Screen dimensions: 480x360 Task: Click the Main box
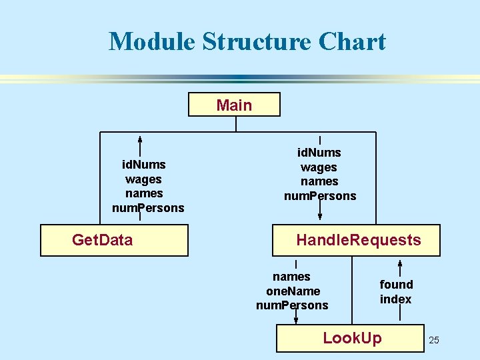[234, 105]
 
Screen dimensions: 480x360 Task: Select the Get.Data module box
[115, 240]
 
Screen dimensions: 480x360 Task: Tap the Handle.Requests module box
[356, 240]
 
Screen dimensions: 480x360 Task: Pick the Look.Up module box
[351, 338]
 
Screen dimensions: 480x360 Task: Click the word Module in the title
[151, 41]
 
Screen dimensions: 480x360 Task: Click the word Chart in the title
[352, 41]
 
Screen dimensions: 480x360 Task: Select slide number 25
[434, 341]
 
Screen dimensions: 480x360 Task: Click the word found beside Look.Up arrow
[396, 285]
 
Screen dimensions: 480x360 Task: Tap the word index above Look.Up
[395, 299]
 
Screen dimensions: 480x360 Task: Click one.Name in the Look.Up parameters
[293, 291]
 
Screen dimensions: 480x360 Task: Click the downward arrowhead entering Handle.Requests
[320, 215]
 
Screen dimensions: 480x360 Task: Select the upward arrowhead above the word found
[399, 261]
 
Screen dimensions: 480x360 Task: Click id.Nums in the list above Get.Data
[143, 164]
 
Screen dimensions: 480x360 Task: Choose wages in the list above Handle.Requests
[319, 167]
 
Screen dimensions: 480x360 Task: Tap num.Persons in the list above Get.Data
[148, 208]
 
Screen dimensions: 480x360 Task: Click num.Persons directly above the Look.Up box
[292, 305]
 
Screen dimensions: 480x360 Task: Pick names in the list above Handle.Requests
[319, 181]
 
